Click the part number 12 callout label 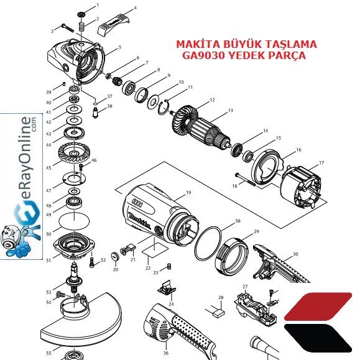212,100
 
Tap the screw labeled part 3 68,28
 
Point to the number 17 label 321,162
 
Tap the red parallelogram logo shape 318,307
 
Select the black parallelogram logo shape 318,338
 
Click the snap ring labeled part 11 164,106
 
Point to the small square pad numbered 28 219,313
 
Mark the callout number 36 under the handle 166,353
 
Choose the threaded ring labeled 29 232,256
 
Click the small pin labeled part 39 64,84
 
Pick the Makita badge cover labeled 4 113,24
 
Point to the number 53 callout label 48,292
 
